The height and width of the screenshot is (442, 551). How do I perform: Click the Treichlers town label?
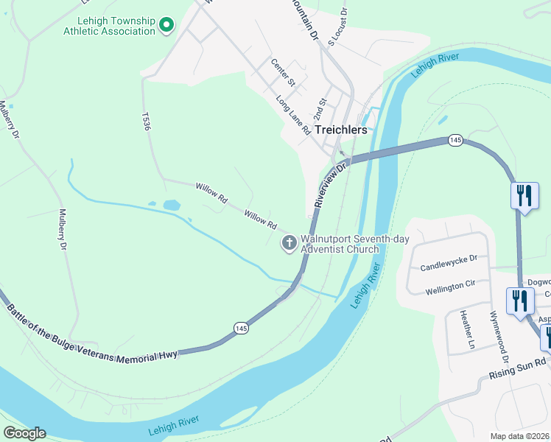click(x=340, y=129)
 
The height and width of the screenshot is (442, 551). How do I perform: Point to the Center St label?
click(x=282, y=73)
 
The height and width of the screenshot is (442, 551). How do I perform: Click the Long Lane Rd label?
click(x=293, y=115)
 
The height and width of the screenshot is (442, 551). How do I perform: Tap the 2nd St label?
click(x=319, y=109)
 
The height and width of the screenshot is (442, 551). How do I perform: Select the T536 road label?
click(x=146, y=121)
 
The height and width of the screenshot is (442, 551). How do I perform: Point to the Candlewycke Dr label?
click(x=449, y=263)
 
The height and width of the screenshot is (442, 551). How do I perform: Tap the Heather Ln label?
click(x=466, y=328)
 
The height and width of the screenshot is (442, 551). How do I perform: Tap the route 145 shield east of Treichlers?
click(x=454, y=140)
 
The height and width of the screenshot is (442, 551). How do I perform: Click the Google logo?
click(x=24, y=433)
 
